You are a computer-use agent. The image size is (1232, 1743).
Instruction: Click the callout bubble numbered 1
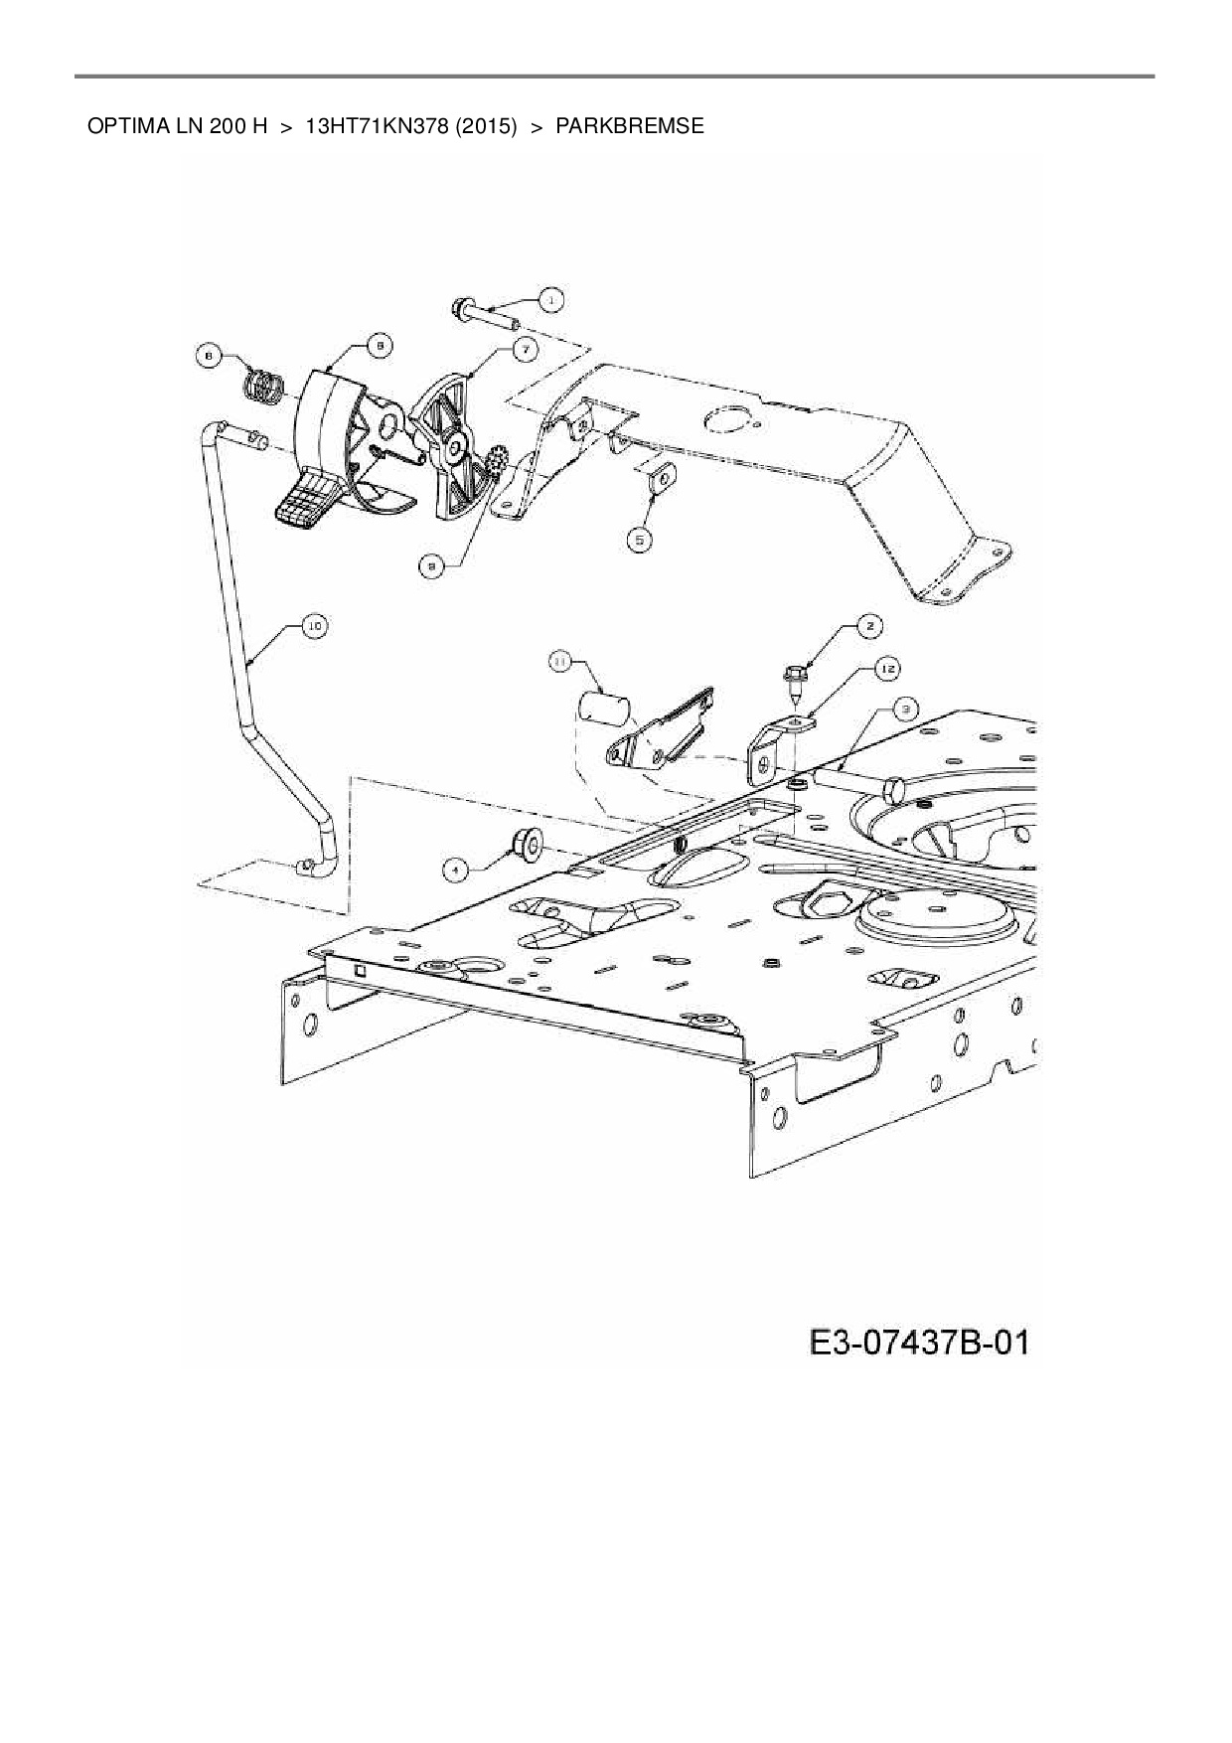(551, 298)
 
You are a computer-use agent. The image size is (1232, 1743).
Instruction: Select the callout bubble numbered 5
(640, 539)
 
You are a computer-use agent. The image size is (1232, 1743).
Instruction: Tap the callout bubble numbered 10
(314, 626)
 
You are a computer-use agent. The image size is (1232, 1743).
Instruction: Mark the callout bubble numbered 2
(869, 626)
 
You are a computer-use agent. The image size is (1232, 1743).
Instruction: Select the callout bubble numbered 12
(886, 671)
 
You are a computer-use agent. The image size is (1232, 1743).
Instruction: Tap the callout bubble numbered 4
(456, 870)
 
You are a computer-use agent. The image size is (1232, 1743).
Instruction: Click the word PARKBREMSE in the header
(630, 126)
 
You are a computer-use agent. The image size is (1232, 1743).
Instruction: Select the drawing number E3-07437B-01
(920, 1344)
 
